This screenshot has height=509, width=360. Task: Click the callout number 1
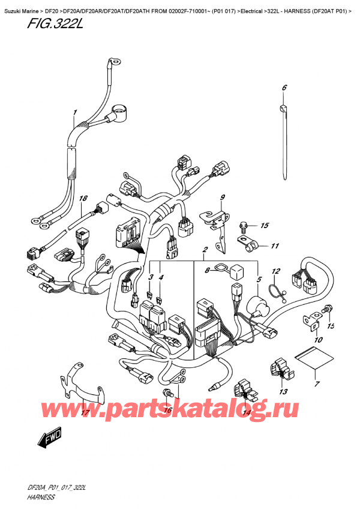[75, 112]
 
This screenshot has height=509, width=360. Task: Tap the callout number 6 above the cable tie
[284, 88]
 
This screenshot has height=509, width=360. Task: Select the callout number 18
[83, 199]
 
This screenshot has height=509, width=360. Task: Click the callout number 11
[275, 245]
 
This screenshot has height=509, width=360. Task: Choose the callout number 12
[277, 271]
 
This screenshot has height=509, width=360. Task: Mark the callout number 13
[283, 391]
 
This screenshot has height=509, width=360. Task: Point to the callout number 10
[318, 340]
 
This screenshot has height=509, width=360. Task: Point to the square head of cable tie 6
[283, 108]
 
